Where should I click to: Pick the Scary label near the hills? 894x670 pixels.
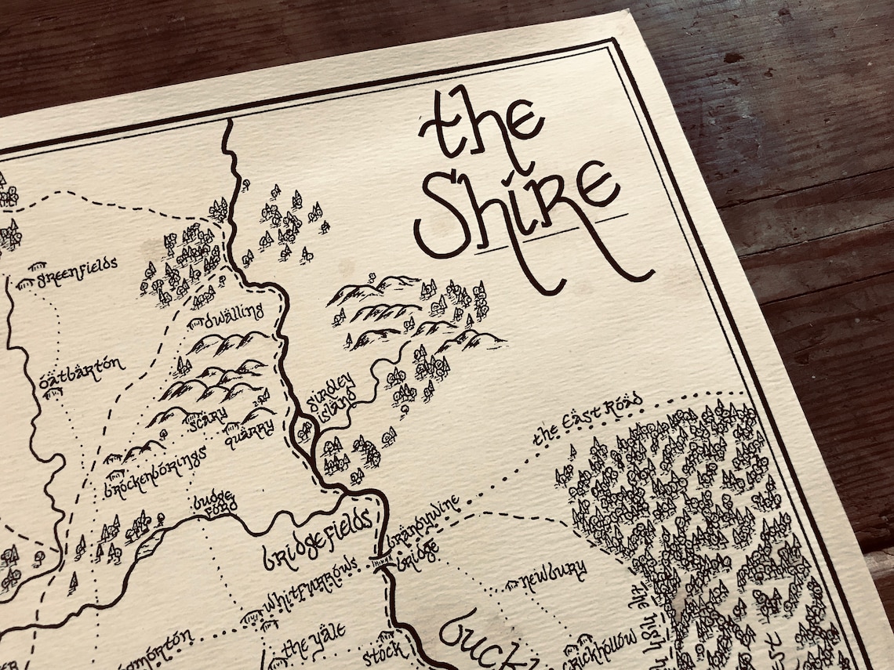pyautogui.click(x=205, y=416)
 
